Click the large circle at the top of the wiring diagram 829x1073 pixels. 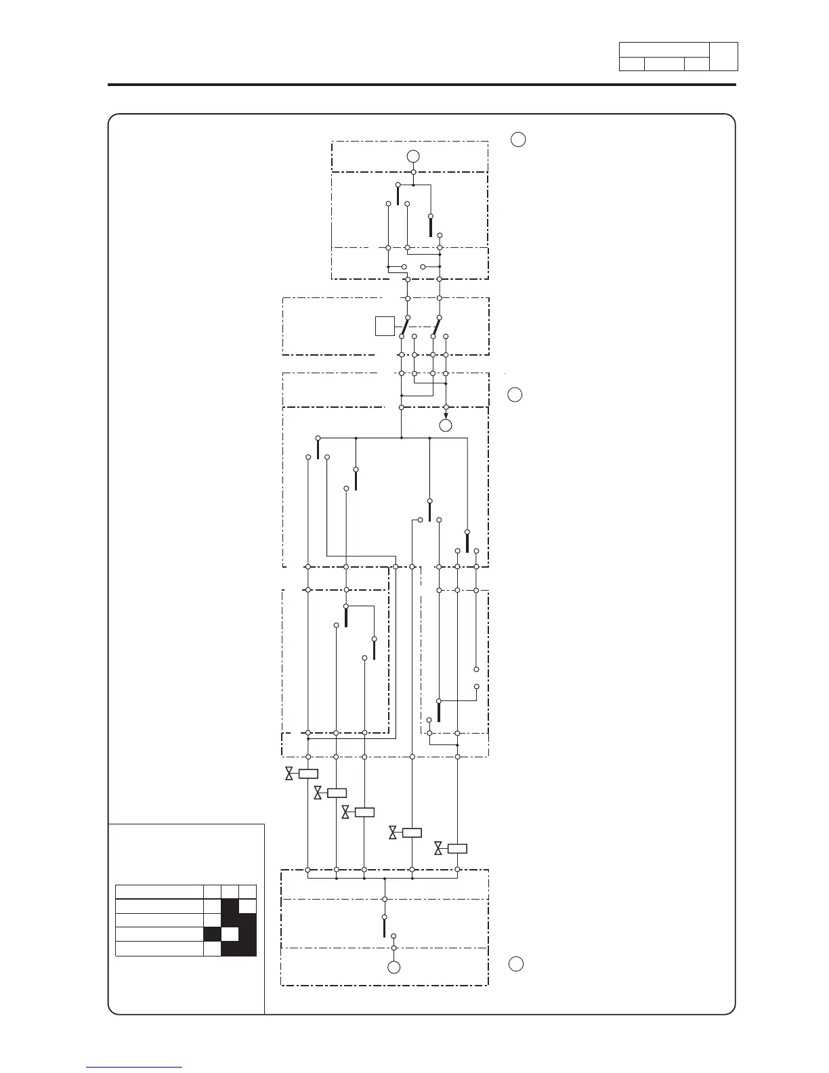tap(413, 156)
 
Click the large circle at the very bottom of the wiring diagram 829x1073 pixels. tap(394, 967)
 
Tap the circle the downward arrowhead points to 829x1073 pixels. tap(446, 425)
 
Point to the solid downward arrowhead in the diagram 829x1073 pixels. tap(446, 415)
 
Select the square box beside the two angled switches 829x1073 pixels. tap(385, 326)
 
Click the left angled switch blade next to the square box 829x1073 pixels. tap(405, 325)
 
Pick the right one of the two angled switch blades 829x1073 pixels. tap(437, 325)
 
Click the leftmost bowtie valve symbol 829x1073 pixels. tap(289, 774)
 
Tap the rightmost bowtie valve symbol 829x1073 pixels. tap(438, 848)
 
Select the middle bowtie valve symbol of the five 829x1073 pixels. tap(345, 812)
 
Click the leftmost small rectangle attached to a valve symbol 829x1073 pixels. tap(308, 774)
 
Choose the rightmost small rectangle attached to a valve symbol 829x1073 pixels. tap(458, 848)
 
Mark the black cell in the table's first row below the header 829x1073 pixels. tap(231, 906)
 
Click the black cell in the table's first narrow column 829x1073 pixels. tap(213, 934)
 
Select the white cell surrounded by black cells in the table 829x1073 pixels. tap(231, 934)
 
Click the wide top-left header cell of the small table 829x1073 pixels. tap(159, 892)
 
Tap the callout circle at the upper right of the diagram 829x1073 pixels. tap(518, 140)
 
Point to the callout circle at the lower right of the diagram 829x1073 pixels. tap(516, 965)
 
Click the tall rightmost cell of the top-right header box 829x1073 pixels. tap(723, 57)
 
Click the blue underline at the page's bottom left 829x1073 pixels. tap(135, 1067)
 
